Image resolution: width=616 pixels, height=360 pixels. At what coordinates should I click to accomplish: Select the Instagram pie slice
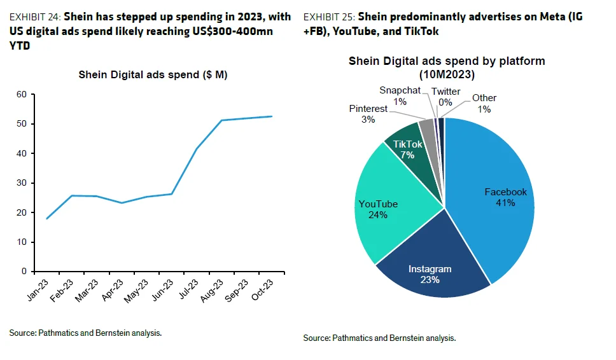433,267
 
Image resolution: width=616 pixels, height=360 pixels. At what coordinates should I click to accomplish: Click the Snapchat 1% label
400,96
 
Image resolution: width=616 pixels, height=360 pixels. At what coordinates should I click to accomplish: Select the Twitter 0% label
445,97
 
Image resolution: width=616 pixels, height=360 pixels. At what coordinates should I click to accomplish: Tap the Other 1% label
484,103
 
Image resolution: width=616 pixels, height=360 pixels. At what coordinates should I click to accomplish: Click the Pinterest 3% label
368,114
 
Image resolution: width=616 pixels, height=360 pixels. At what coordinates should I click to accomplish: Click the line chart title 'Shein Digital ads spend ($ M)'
153,74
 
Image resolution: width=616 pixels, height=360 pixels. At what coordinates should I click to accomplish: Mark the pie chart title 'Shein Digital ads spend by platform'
446,61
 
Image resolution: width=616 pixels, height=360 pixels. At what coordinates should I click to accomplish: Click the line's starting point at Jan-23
47,218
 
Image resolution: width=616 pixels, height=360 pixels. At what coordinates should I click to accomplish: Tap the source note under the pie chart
379,338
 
